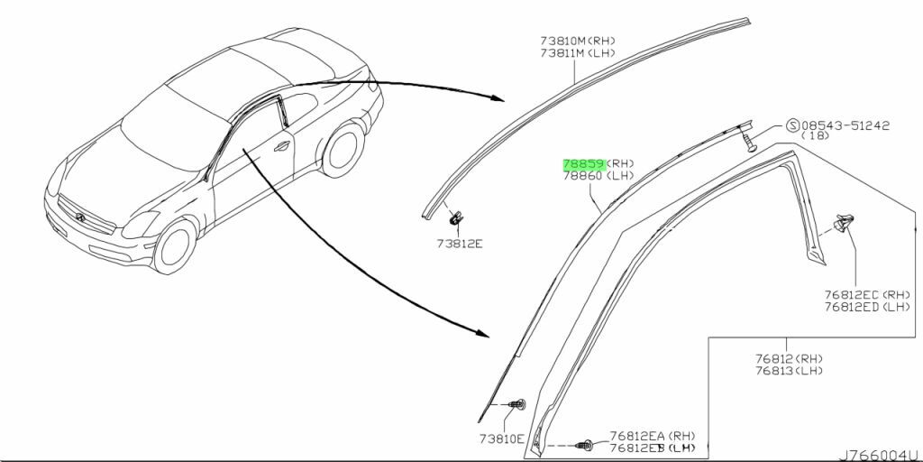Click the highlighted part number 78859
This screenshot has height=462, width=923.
pyautogui.click(x=584, y=164)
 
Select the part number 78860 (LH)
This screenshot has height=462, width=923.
pyautogui.click(x=599, y=175)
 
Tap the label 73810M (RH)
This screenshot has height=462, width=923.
pyautogui.click(x=578, y=42)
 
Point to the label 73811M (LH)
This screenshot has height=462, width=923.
pyautogui.click(x=578, y=53)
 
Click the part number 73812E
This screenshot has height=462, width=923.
pyautogui.click(x=459, y=244)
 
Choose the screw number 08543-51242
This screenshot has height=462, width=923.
pyautogui.click(x=845, y=125)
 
